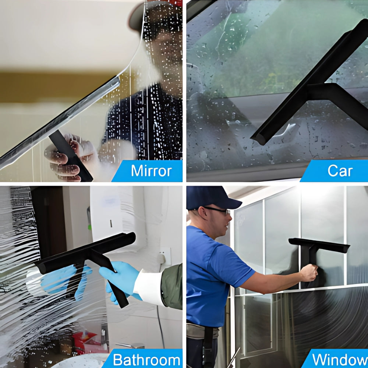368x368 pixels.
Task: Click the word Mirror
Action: pyautogui.click(x=151, y=171)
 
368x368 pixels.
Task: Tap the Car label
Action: pyautogui.click(x=340, y=171)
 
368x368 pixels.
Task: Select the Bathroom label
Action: pyautogui.click(x=146, y=359)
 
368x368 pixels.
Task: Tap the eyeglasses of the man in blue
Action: pyautogui.click(x=217, y=210)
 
